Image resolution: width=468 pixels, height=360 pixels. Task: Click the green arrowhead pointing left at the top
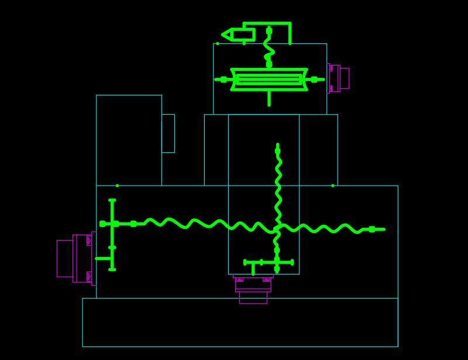[x=227, y=35]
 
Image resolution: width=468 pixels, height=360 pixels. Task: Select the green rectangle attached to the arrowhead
[x=243, y=35]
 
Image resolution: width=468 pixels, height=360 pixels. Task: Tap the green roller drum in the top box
[x=269, y=80]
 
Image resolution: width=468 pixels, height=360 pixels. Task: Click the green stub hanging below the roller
[x=269, y=98]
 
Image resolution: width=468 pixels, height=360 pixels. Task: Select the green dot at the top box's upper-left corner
[x=218, y=43]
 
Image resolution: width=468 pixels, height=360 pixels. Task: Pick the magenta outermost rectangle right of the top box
[x=345, y=78]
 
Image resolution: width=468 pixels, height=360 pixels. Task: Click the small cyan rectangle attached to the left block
[x=168, y=133]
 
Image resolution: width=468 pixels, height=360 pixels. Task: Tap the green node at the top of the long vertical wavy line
[x=277, y=151]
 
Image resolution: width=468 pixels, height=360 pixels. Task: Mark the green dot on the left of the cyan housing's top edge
[x=117, y=186]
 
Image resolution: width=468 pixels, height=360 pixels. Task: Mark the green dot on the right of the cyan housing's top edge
[x=333, y=186]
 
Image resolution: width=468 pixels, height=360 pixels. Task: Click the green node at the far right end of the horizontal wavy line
[x=372, y=229]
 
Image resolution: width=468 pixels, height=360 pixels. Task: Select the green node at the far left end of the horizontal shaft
[x=102, y=224]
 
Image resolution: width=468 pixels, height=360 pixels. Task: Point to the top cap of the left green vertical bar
[x=112, y=200]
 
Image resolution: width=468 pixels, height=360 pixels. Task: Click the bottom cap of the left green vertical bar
[x=112, y=269]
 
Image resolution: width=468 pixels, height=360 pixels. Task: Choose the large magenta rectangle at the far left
[x=64, y=258]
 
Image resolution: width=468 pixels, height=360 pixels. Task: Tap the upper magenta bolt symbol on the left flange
[x=89, y=241]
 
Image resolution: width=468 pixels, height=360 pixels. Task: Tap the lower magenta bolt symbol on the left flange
[x=89, y=276]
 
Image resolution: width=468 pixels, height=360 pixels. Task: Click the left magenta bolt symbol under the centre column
[x=239, y=280]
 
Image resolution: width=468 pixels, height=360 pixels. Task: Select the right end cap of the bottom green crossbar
[x=292, y=262]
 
